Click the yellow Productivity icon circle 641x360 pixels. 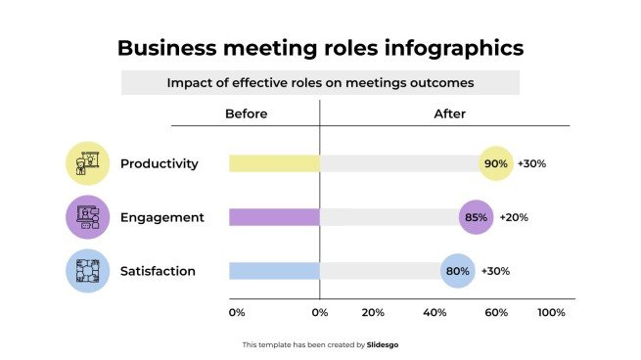click(x=88, y=163)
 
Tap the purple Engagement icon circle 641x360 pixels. click(x=88, y=217)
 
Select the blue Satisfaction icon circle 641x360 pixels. click(x=88, y=271)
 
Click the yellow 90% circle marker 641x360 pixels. click(x=496, y=163)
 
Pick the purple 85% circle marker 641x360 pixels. click(x=477, y=217)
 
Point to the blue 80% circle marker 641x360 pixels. click(x=457, y=271)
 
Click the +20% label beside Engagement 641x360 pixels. click(x=514, y=217)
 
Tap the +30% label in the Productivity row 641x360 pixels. click(x=531, y=163)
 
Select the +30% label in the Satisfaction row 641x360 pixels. click(x=494, y=271)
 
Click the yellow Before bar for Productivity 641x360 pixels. click(x=274, y=163)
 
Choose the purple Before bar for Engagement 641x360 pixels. click(x=274, y=217)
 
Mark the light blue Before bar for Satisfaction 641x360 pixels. click(x=274, y=271)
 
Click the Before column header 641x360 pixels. click(x=246, y=113)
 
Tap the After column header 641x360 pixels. click(x=449, y=113)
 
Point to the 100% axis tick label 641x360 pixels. click(x=551, y=313)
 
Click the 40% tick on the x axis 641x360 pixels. click(x=434, y=313)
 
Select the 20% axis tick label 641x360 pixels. click(x=373, y=313)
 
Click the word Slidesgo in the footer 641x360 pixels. click(x=383, y=344)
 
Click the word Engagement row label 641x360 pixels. click(x=162, y=217)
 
